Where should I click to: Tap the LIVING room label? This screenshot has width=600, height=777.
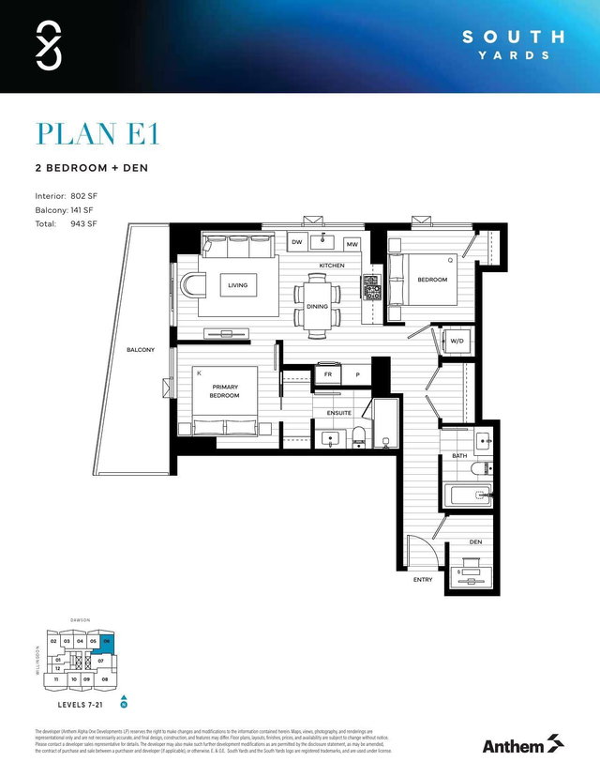click(238, 285)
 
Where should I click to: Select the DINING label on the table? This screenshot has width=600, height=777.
click(317, 307)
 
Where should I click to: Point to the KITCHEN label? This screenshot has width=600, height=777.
click(332, 267)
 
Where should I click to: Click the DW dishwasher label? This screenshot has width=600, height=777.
click(295, 244)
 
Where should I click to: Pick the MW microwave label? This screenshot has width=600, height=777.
click(352, 244)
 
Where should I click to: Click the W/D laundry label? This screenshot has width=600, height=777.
click(457, 341)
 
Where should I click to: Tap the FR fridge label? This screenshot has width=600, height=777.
click(328, 374)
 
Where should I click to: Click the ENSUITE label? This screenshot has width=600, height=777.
click(338, 411)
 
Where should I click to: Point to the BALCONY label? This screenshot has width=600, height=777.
click(141, 350)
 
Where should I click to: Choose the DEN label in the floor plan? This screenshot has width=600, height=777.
click(475, 542)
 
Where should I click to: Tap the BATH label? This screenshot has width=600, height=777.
click(459, 456)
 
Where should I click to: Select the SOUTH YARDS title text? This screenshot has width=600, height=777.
click(515, 45)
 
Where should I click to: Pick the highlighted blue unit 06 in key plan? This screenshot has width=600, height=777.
click(108, 642)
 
